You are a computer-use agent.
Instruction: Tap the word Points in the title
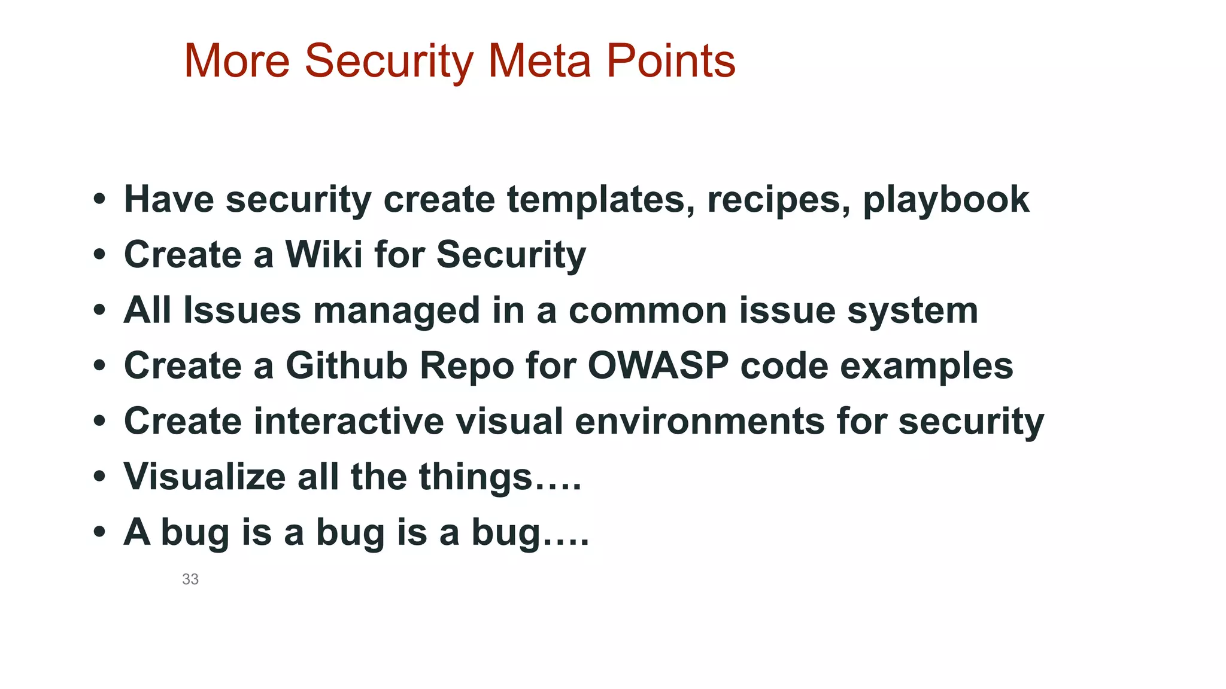pyautogui.click(x=670, y=61)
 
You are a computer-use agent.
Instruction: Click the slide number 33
pyautogui.click(x=190, y=579)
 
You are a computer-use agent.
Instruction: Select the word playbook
pyautogui.click(x=946, y=200)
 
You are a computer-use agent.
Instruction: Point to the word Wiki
pyautogui.click(x=324, y=254)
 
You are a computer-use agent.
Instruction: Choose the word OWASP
pyautogui.click(x=658, y=365)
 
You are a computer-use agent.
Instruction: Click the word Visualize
pyautogui.click(x=205, y=477)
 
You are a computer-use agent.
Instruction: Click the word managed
pyautogui.click(x=396, y=311)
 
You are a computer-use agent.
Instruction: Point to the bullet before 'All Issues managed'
pyautogui.click(x=99, y=310)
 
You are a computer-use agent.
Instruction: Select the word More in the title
pyautogui.click(x=237, y=61)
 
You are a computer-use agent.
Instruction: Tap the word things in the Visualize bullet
pyautogui.click(x=475, y=478)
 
